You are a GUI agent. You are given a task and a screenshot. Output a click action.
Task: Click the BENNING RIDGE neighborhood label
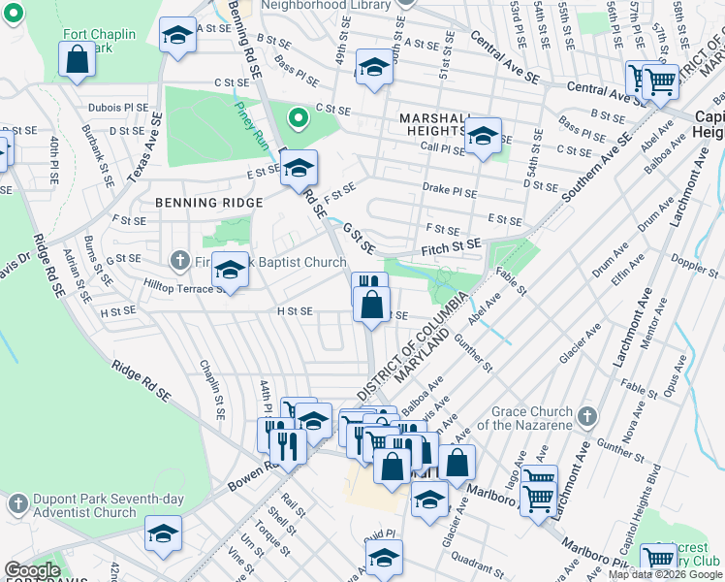pos(208,203)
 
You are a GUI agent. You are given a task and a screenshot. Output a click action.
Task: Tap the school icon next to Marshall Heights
pos(483,137)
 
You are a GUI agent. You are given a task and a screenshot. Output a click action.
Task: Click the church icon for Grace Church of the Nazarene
pos(585,417)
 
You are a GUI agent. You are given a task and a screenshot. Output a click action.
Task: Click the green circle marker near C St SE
pos(299,119)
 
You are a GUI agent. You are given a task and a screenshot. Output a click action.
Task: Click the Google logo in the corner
pos(32,570)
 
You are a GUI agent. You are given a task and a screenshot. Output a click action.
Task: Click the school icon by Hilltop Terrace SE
pos(230,272)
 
